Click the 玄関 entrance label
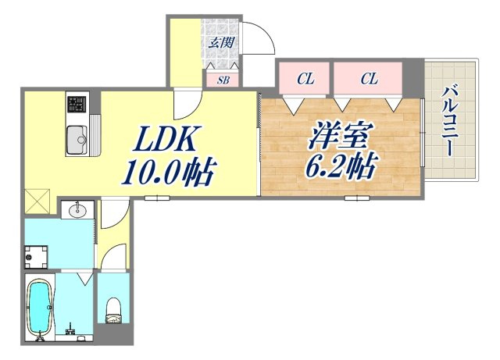click(221, 42)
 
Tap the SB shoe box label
click(223, 80)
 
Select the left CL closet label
click(305, 79)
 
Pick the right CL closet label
click(370, 79)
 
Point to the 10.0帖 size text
click(169, 172)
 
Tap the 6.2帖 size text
click(342, 167)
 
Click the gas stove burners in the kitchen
click(77, 105)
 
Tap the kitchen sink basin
click(77, 140)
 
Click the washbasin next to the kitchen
click(77, 210)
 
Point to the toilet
click(112, 310)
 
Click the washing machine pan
click(36, 257)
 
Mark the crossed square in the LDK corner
click(37, 201)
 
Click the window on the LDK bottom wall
click(157, 198)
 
